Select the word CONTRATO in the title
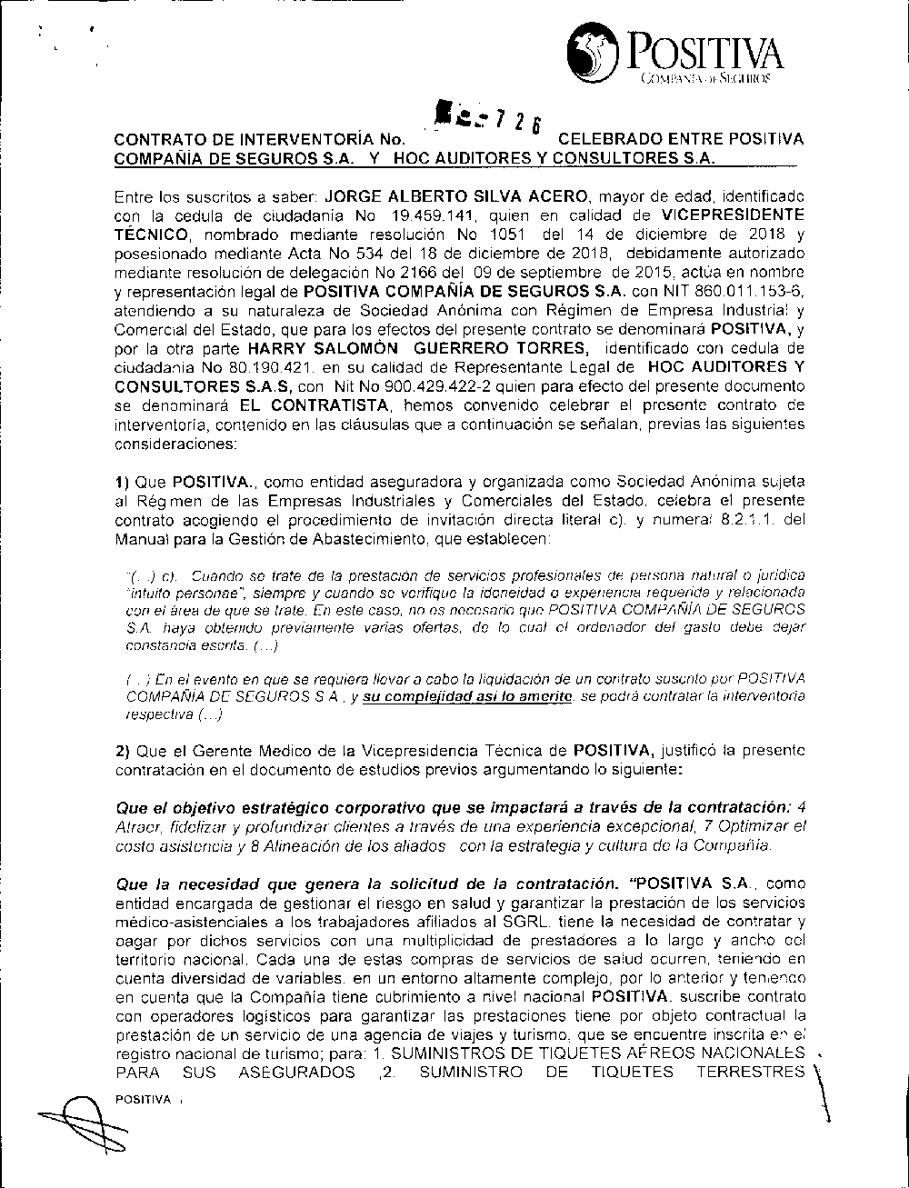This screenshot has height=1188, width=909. [x=152, y=140]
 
